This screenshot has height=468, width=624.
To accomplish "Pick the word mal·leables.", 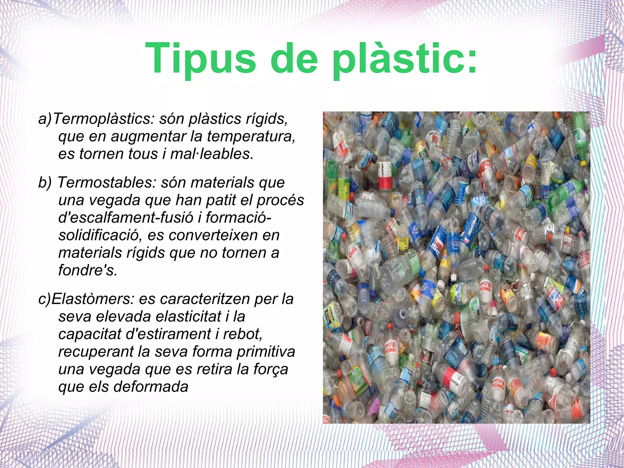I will (x=212, y=154).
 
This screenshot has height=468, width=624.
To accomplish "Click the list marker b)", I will (x=45, y=183).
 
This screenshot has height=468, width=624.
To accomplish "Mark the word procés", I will (x=280, y=200).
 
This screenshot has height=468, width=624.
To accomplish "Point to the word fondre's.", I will (x=88, y=270).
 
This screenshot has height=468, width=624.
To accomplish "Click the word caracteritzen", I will (x=205, y=299).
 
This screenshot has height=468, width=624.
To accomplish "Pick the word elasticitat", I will (x=188, y=316).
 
